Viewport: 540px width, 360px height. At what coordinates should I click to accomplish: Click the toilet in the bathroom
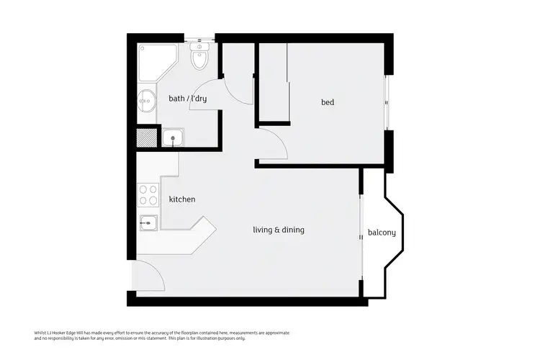pyautogui.click(x=199, y=58)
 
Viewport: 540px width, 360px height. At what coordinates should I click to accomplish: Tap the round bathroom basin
pyautogui.click(x=147, y=102)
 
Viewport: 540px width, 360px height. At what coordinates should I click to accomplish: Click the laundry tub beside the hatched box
pyautogui.click(x=173, y=138)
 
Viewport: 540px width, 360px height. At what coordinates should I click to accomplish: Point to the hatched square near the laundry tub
pyautogui.click(x=147, y=138)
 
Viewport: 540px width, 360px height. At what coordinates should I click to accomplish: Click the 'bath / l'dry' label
pyautogui.click(x=187, y=99)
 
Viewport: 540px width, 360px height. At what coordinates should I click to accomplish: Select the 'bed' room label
pyautogui.click(x=328, y=102)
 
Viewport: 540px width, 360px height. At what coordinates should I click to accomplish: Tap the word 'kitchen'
pyautogui.click(x=182, y=199)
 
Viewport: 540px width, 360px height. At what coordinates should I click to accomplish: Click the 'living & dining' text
pyautogui.click(x=279, y=230)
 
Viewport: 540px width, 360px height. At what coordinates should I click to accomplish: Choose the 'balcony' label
pyautogui.click(x=382, y=233)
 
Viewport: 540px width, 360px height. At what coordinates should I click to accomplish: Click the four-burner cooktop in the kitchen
pyautogui.click(x=148, y=194)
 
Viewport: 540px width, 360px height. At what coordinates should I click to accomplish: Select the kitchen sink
pyautogui.click(x=148, y=223)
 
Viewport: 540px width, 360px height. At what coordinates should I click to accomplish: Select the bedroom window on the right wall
pyautogui.click(x=389, y=102)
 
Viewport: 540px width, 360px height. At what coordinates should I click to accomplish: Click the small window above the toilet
pyautogui.click(x=199, y=37)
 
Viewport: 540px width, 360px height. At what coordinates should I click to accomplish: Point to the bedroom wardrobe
pyautogui.click(x=272, y=81)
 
